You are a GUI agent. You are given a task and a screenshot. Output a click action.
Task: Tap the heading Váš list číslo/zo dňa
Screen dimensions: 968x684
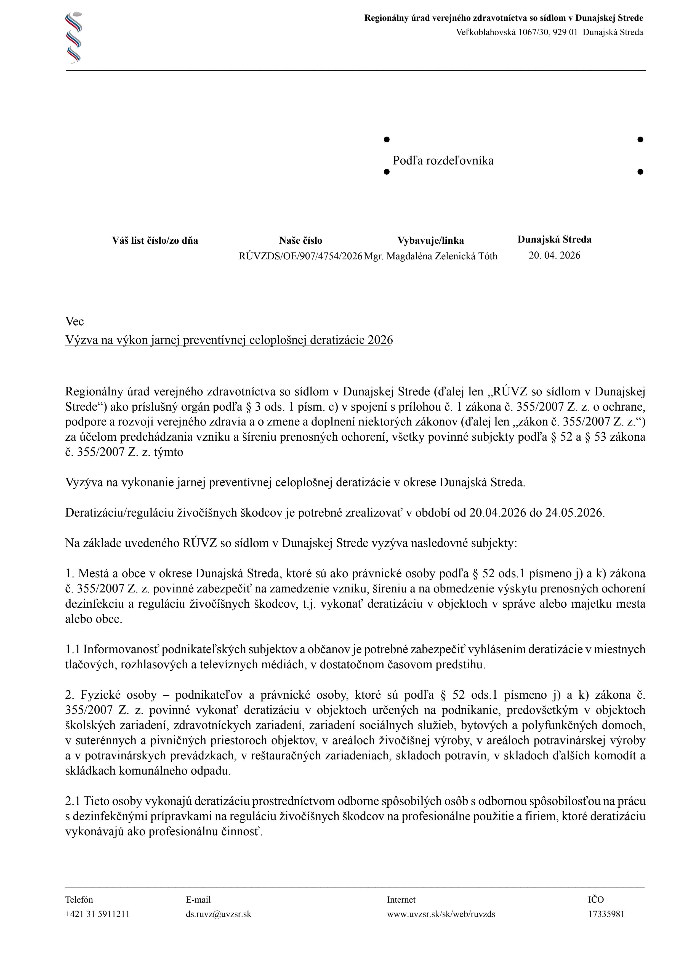(x=155, y=241)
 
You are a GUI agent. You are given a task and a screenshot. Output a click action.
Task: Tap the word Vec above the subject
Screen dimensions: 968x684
(x=74, y=322)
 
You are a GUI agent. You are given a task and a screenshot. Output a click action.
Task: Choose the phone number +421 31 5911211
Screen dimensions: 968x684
(x=97, y=914)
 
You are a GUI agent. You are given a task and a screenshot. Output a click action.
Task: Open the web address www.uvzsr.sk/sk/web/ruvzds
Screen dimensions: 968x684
(x=441, y=914)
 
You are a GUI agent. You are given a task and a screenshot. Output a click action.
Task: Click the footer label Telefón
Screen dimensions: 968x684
(x=79, y=900)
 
